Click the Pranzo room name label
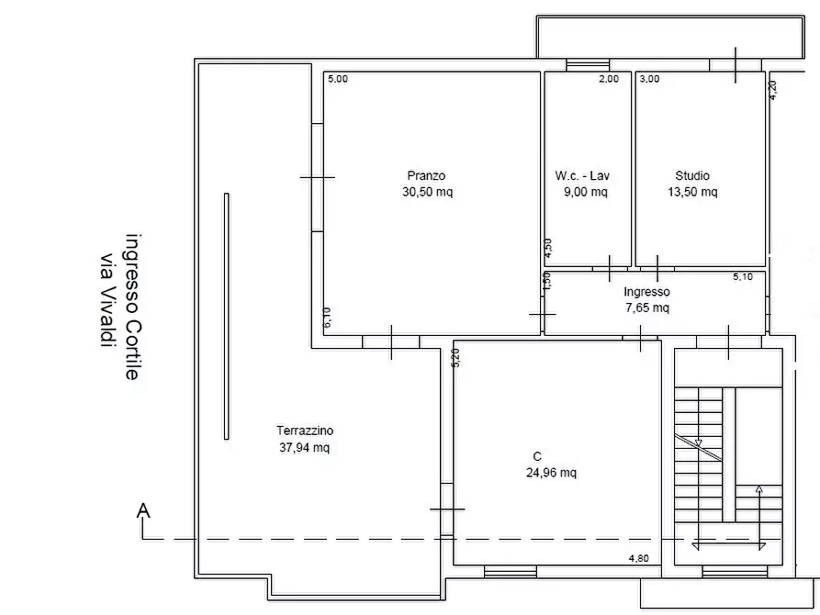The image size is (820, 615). click(426, 175)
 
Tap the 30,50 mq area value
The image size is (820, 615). click(427, 192)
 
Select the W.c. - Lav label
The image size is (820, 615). click(582, 175)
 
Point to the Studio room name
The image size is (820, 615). click(692, 175)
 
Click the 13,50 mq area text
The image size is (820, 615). click(692, 192)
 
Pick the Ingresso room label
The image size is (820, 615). click(646, 292)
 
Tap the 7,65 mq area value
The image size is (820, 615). click(647, 307)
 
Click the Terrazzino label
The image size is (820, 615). click(305, 430)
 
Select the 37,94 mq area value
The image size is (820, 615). click(304, 448)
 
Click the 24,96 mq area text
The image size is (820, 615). click(551, 474)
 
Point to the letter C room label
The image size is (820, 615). click(537, 456)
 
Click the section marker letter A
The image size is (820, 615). click(143, 509)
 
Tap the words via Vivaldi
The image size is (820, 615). click(107, 301)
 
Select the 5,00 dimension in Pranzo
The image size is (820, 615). click(338, 79)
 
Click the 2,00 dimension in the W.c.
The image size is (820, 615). click(609, 79)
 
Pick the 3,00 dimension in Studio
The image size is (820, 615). click(649, 79)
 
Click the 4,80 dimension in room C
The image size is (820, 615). click(638, 558)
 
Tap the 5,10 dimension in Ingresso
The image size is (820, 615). click(743, 276)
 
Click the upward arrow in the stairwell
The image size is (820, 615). click(759, 518)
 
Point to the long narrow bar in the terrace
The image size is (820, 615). click(227, 317)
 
